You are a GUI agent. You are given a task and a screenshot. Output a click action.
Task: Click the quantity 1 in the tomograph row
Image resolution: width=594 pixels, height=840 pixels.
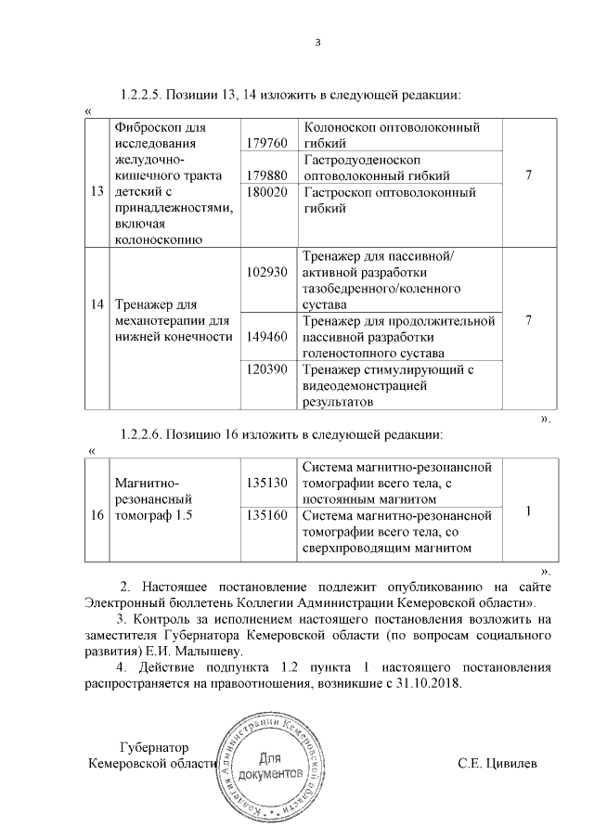pos(527,510)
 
